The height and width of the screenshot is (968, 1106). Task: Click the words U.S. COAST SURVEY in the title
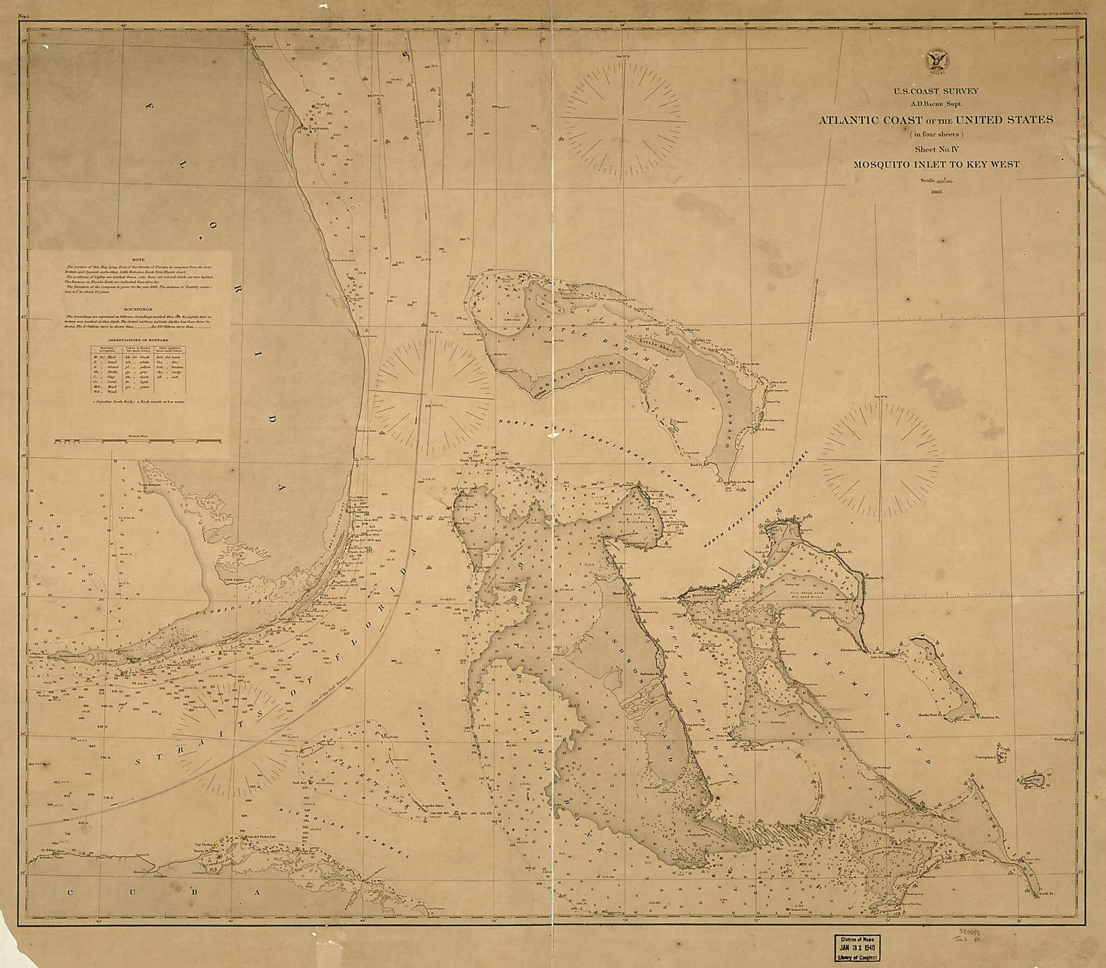(936, 91)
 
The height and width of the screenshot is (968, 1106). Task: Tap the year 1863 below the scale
(936, 192)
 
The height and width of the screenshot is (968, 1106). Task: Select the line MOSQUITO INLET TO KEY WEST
(936, 164)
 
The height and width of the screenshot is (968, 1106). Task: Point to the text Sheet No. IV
(936, 149)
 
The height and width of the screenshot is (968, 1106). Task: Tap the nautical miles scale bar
(138, 441)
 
